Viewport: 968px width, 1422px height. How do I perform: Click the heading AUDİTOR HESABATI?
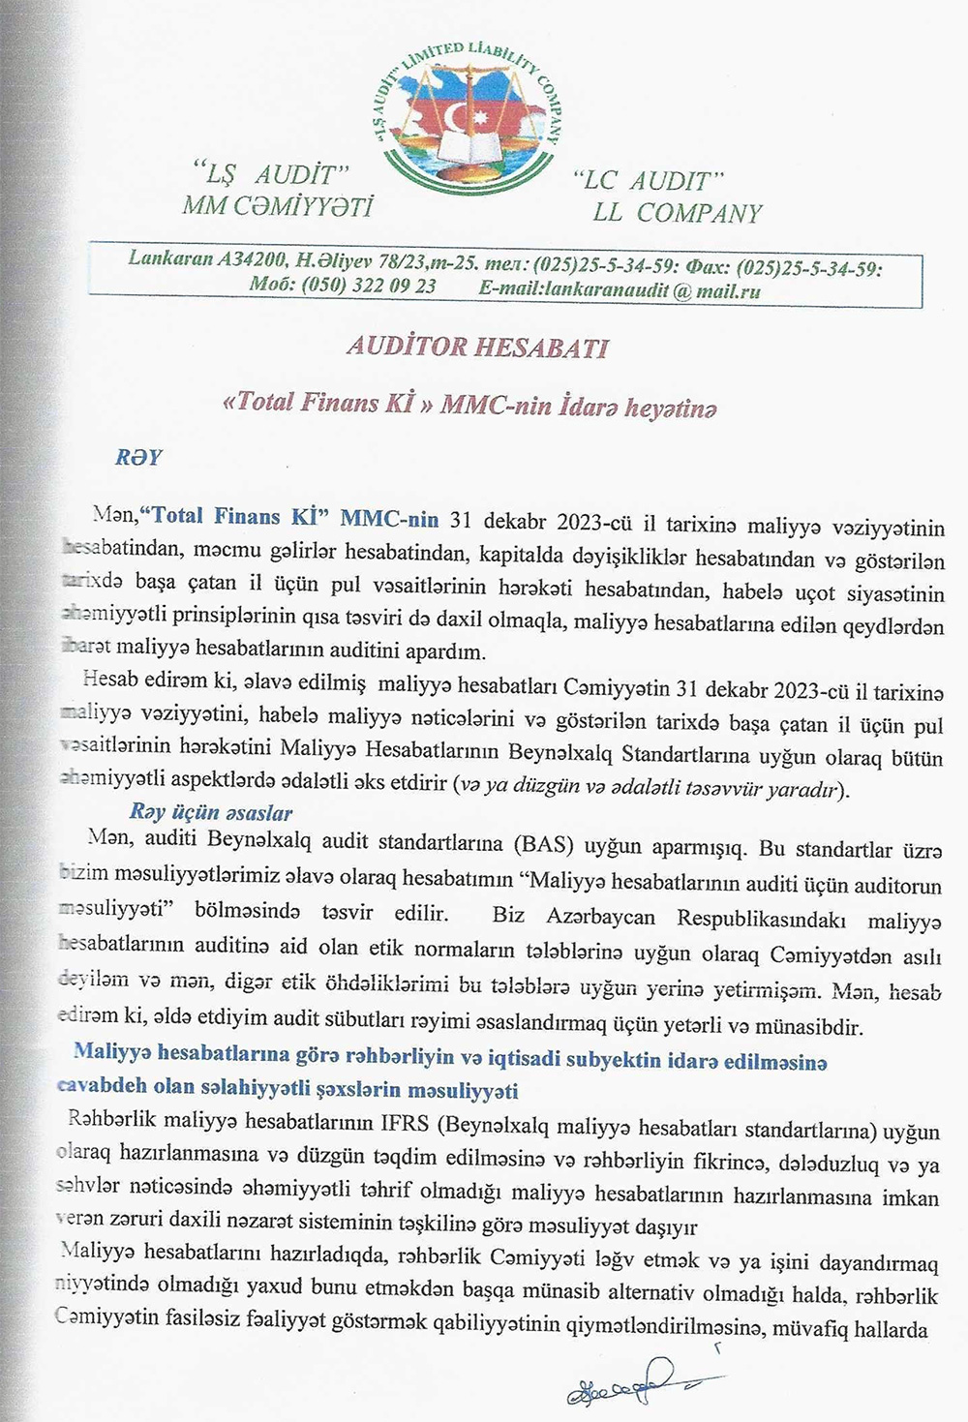[x=476, y=348]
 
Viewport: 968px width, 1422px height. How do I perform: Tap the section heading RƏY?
[x=138, y=458]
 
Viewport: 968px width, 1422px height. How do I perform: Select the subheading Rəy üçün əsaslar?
[x=210, y=812]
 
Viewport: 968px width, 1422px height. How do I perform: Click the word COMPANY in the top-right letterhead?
[x=699, y=213]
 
